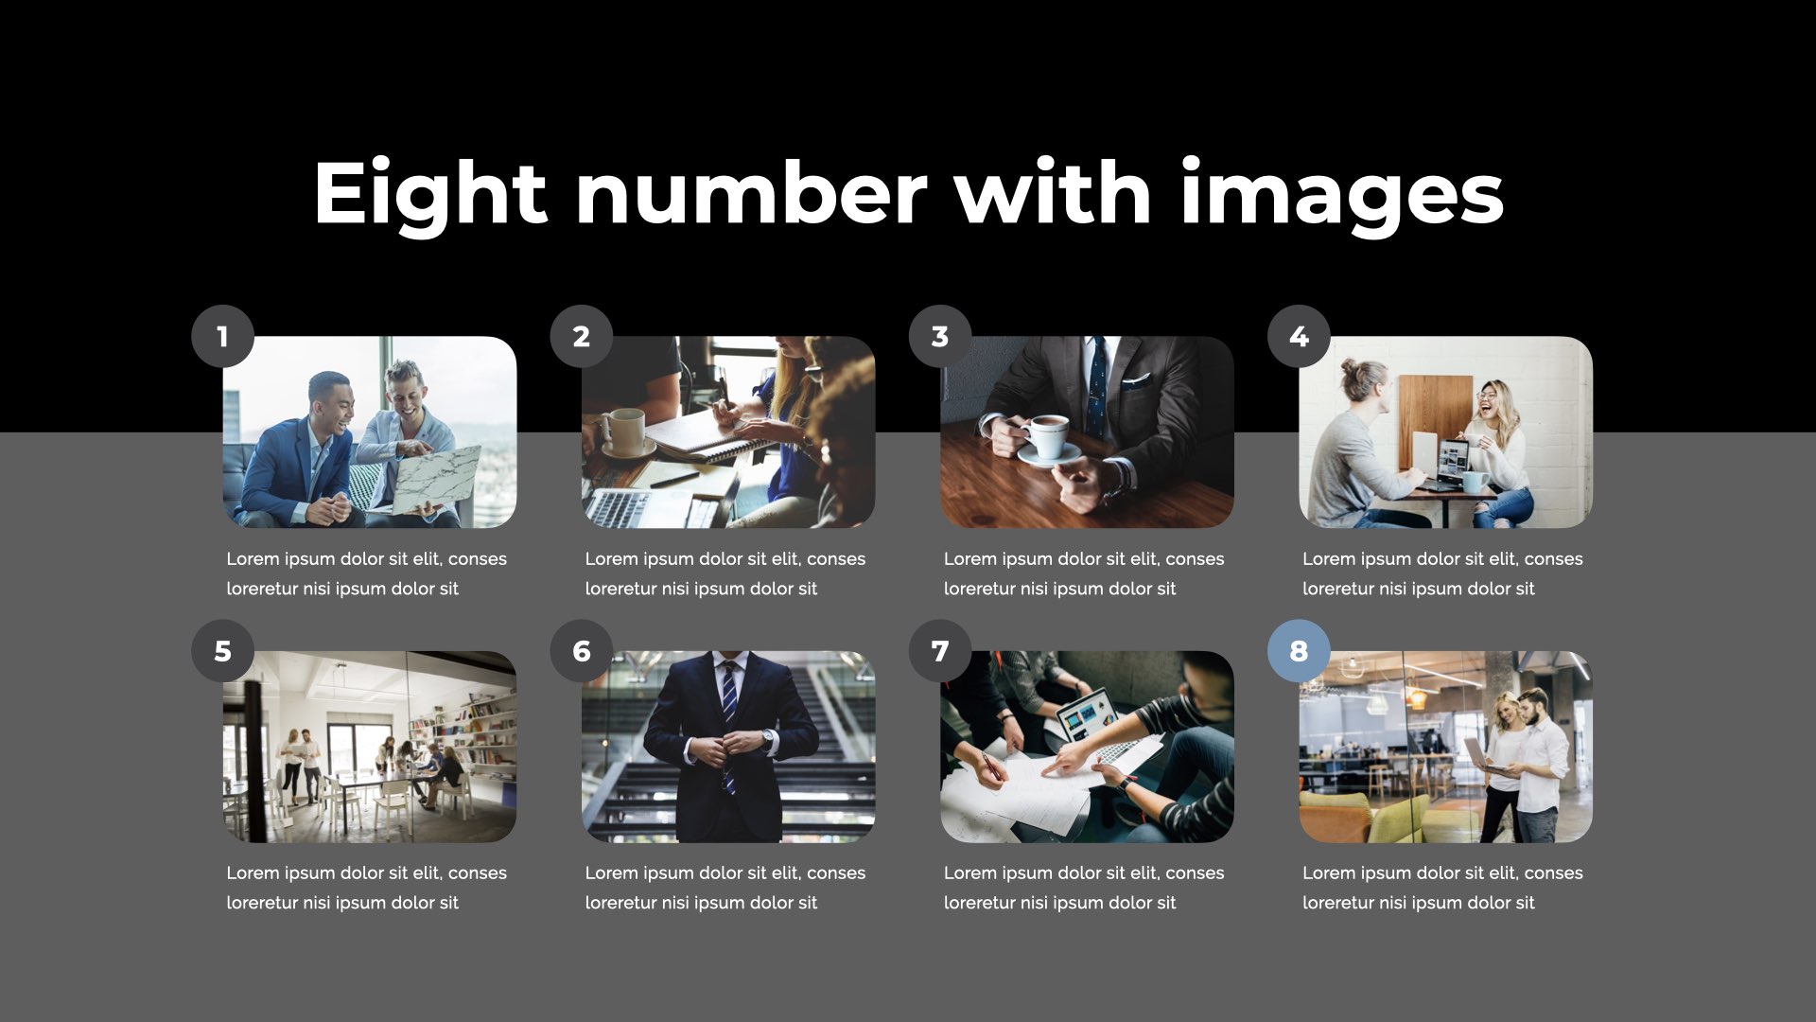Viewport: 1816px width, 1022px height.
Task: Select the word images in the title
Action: [x=1342, y=195]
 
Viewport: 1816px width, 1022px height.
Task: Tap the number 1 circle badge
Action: [x=222, y=336]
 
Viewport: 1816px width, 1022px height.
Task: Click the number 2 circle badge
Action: [x=582, y=336]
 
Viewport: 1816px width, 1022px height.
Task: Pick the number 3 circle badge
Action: [x=940, y=336]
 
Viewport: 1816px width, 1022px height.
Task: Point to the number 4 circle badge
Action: [x=1299, y=336]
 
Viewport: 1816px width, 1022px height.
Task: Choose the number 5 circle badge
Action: [x=222, y=651]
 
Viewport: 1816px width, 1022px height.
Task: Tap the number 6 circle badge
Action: [x=582, y=651]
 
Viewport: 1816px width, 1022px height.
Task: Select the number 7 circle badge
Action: [x=940, y=651]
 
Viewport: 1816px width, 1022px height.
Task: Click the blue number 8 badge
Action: [x=1299, y=651]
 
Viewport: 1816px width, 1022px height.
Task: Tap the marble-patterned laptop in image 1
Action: [x=436, y=481]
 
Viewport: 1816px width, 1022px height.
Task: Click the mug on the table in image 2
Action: [x=622, y=431]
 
